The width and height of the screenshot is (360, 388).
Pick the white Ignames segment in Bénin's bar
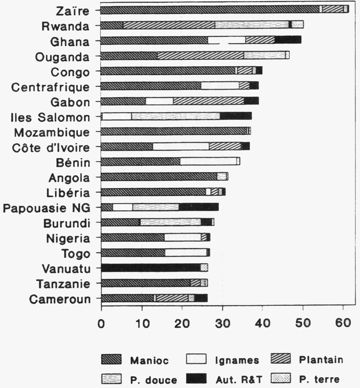208,162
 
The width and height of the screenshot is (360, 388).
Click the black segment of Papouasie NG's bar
198,207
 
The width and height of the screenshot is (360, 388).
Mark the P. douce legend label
154,379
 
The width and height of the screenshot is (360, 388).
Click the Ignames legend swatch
197,359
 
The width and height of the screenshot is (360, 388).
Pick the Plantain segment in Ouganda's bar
200,55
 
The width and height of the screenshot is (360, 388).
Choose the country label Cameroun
60,299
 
